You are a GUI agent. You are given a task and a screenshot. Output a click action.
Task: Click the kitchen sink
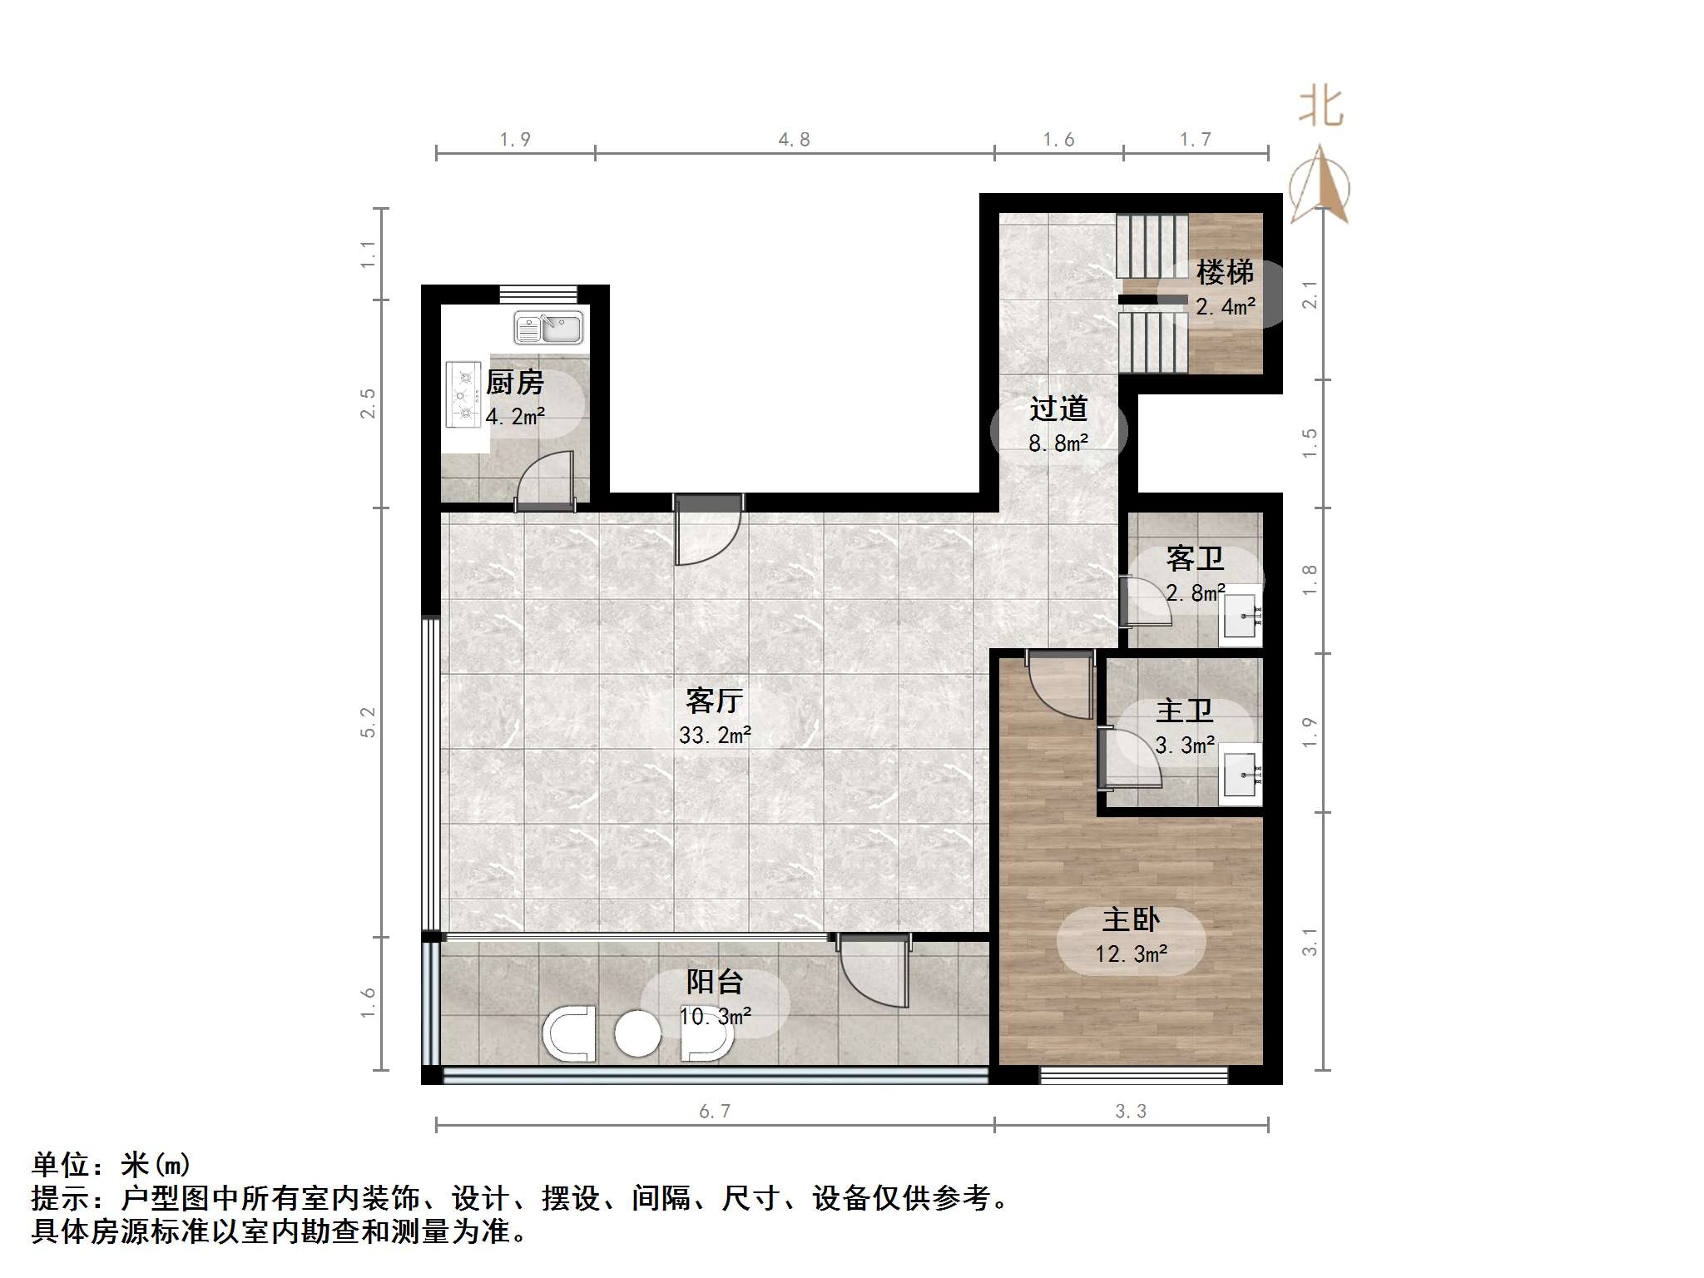click(548, 328)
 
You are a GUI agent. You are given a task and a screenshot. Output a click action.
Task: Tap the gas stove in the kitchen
click(463, 394)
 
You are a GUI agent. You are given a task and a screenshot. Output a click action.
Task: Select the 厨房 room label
click(515, 383)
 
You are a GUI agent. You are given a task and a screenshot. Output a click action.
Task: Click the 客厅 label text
click(714, 701)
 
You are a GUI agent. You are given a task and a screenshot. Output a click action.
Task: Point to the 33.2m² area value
click(715, 736)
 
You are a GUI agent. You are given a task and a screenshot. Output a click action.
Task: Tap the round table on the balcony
click(637, 1033)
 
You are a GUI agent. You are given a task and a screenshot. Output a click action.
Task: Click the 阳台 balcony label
click(714, 982)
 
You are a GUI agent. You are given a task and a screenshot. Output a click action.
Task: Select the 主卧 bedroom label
click(1131, 919)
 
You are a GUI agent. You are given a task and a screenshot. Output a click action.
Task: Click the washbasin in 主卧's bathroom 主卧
click(1240, 775)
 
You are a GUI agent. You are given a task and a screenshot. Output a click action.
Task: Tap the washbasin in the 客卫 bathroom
click(1240, 617)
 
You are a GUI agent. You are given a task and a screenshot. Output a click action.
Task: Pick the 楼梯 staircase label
click(1225, 272)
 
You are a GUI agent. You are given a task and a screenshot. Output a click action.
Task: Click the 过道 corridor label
click(1058, 409)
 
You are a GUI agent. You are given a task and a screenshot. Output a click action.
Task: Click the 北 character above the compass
click(1321, 107)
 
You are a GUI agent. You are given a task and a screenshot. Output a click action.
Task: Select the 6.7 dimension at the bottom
click(715, 1112)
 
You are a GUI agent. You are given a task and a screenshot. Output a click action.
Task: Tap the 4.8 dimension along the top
click(794, 140)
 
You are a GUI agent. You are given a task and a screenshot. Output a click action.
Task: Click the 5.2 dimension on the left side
click(368, 721)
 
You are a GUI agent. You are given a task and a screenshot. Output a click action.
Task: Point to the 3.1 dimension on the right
click(1310, 941)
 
